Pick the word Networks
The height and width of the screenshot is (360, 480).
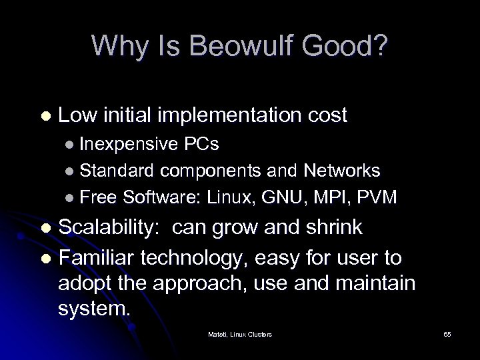[342, 171]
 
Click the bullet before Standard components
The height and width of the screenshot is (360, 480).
[70, 172]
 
